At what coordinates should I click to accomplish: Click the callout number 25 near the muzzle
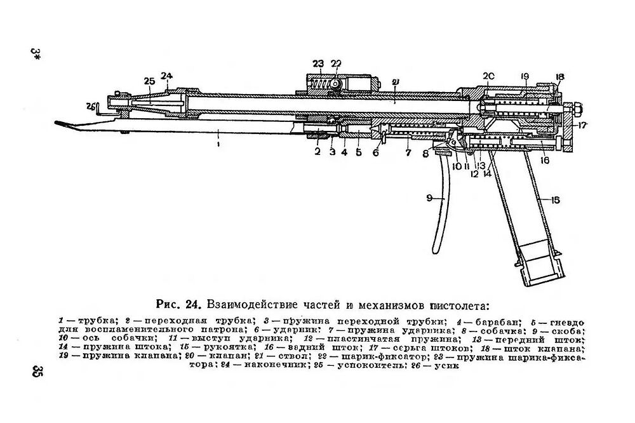click(149, 81)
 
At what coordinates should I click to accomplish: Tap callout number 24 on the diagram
click(167, 76)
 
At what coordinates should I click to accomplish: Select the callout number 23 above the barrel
click(317, 63)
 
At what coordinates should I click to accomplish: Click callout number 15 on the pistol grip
click(555, 200)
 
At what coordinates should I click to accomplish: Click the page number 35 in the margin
click(36, 371)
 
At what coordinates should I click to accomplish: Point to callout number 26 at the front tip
click(91, 105)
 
